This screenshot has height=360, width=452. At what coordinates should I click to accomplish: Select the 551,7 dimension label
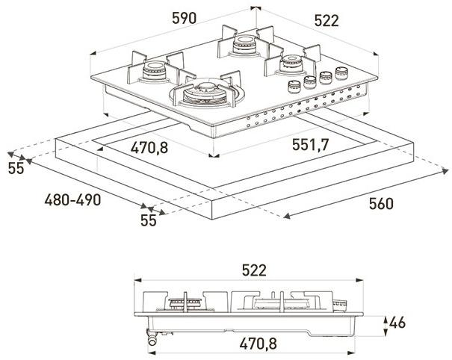[306, 145]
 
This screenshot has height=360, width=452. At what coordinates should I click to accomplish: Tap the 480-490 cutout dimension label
[73, 200]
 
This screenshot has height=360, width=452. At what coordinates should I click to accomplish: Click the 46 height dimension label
[398, 323]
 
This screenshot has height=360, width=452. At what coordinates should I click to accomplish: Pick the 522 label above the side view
[250, 270]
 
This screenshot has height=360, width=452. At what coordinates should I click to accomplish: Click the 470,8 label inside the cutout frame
[149, 147]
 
